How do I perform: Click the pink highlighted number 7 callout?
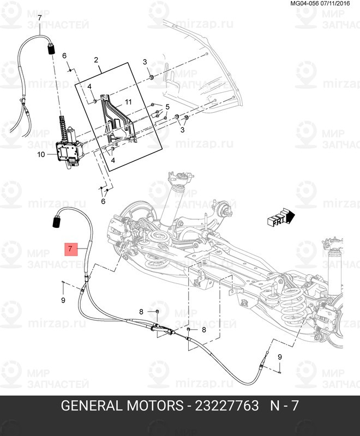pos(70,249)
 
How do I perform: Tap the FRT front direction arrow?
pos(280,217)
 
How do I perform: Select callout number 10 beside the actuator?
pos(40,154)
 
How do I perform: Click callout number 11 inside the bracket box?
pos(128,102)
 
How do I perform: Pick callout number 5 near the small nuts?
pos(167,106)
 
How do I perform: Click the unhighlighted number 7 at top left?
pos(39,19)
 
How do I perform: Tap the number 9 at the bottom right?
pos(280,356)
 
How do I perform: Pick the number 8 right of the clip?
pos(203,330)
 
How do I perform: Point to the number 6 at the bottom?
pos(103,201)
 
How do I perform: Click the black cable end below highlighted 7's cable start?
pos(56,222)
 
